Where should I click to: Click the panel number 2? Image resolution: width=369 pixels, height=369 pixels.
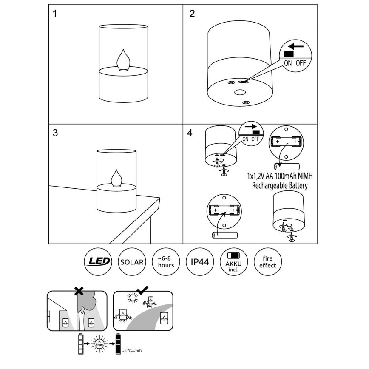(192, 14)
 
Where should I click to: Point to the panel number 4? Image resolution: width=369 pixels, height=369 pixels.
(190, 133)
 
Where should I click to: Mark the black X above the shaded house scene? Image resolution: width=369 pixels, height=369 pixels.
(79, 291)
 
